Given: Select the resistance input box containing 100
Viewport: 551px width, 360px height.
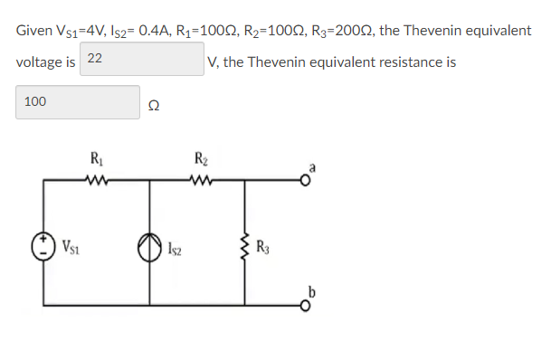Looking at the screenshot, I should (78, 102).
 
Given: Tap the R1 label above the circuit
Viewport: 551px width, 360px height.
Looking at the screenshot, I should (96, 159).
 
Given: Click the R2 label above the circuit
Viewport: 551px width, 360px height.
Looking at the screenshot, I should (201, 160).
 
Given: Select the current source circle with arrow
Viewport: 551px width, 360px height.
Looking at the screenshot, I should (149, 245).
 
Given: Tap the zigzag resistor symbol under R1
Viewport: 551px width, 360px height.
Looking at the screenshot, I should (96, 177).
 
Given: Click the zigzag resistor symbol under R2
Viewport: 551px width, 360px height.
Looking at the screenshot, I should (201, 177).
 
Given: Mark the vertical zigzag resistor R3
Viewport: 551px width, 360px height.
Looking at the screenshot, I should (243, 244).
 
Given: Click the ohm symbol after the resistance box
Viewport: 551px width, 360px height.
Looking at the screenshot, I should (154, 105).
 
